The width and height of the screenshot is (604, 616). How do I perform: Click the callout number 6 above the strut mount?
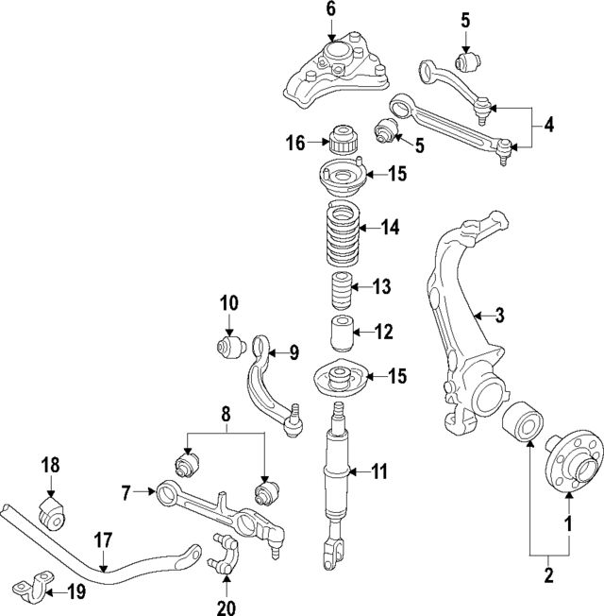coord(330,10)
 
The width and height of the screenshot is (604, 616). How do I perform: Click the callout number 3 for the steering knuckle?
coord(500,315)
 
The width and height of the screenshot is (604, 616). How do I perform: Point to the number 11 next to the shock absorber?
coord(378,470)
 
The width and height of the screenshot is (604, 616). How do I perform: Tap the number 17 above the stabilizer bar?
coord(103,539)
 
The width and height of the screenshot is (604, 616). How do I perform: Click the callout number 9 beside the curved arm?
coord(294,353)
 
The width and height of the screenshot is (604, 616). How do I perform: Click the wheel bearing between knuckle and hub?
coord(520,426)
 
